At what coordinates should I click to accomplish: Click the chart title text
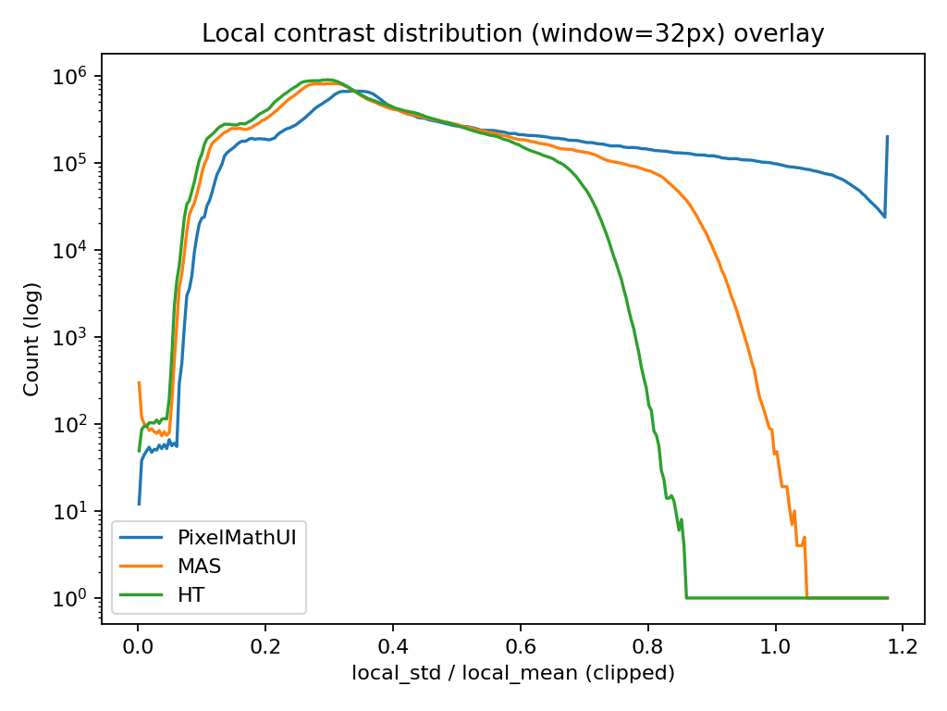(x=512, y=34)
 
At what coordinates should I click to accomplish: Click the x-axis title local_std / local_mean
(x=512, y=673)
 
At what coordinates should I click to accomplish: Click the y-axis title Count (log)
(x=32, y=338)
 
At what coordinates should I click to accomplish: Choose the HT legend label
(x=191, y=594)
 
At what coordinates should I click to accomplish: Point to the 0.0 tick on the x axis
(x=138, y=646)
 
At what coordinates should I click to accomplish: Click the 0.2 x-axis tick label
(x=265, y=646)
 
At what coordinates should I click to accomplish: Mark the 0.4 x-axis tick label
(x=393, y=646)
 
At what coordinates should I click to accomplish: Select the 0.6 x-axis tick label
(x=521, y=646)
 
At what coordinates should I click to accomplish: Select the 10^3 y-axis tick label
(x=76, y=337)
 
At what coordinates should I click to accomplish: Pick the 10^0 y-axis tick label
(x=76, y=598)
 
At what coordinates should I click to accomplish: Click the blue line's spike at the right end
(x=888, y=137)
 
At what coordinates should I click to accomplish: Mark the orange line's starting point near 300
(x=139, y=382)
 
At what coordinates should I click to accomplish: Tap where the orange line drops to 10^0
(x=807, y=597)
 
